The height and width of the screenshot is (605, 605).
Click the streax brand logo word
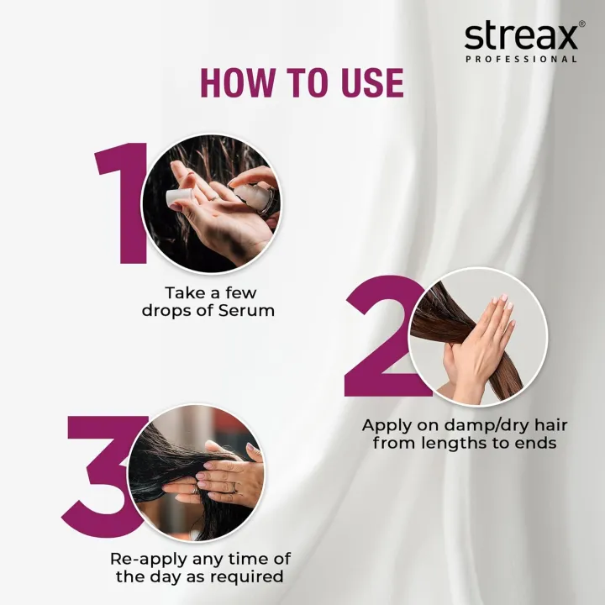[520, 37]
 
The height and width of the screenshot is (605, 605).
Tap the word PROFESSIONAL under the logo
[521, 60]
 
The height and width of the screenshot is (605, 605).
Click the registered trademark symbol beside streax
[581, 25]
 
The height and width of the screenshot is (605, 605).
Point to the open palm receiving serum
[210, 223]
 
